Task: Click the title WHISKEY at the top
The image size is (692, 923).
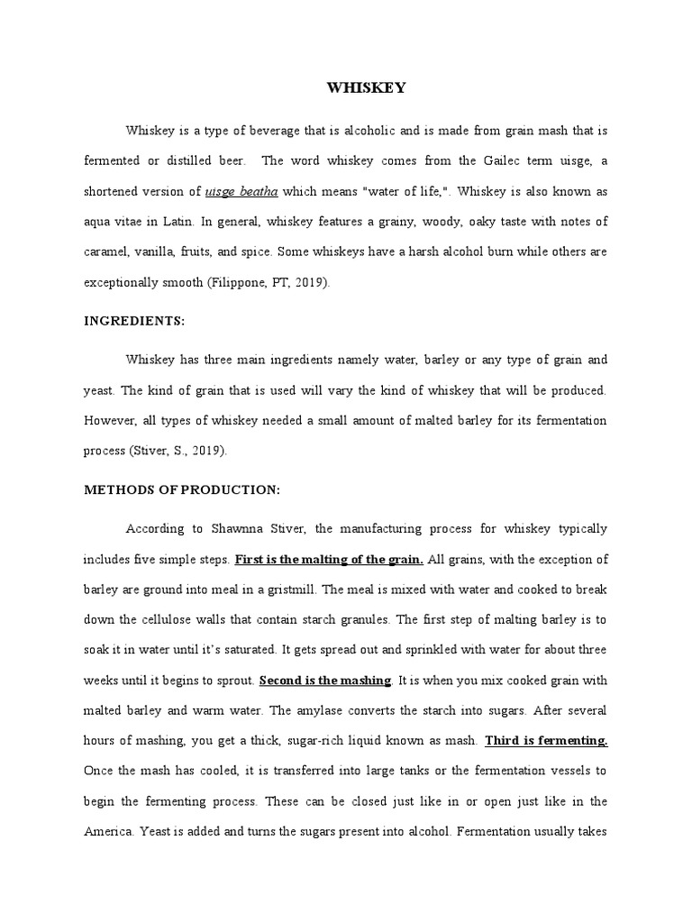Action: click(365, 87)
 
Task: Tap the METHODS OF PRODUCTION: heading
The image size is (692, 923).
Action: click(183, 489)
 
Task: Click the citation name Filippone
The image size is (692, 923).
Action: click(239, 282)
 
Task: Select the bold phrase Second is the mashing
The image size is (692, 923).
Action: click(324, 680)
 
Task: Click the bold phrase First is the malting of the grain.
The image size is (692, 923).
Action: click(329, 559)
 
